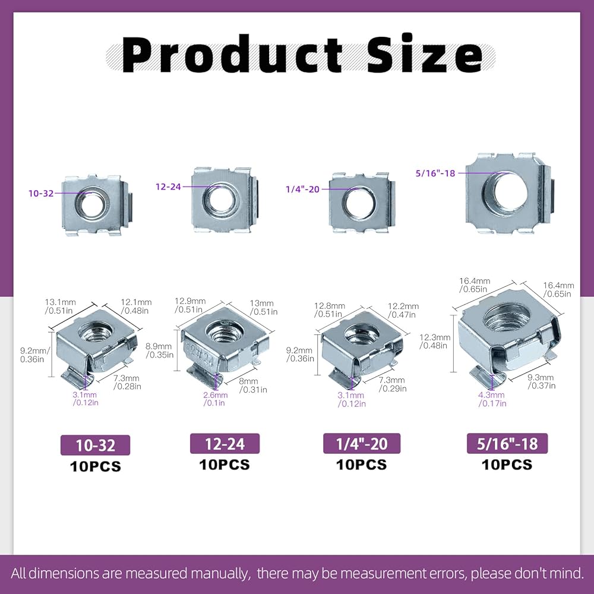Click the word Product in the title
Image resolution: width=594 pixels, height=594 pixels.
(232, 55)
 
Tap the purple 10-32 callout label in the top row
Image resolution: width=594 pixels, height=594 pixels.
(41, 194)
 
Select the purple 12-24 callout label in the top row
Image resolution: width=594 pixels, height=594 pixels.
(168, 187)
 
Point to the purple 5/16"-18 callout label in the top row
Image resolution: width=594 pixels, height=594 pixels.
(435, 173)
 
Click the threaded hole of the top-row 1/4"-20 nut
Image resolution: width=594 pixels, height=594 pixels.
(358, 203)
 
